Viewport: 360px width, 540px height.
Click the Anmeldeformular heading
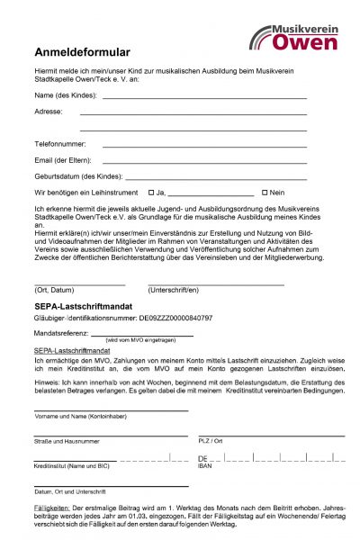(82, 52)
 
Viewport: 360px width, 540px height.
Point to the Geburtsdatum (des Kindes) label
(77, 176)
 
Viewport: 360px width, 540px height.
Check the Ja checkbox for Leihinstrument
(150, 193)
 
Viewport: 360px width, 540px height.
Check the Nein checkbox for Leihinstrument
(265, 193)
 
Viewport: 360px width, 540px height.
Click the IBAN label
(206, 465)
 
